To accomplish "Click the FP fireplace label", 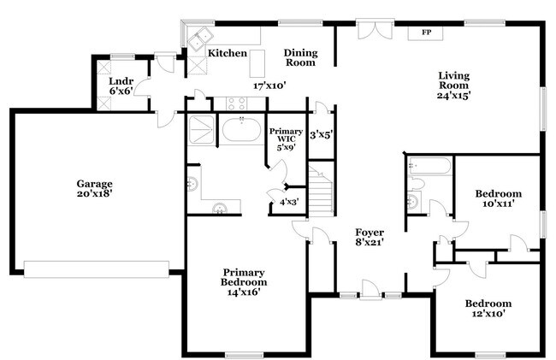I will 425,33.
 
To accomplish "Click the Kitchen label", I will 228,53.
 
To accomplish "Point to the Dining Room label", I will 299,57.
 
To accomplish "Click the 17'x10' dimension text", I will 269,86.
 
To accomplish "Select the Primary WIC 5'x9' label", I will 285,139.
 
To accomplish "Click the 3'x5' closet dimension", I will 321,133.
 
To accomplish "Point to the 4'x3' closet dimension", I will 289,202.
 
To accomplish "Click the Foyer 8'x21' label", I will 370,237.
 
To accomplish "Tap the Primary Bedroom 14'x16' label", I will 244,281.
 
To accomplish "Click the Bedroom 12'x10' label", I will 488,308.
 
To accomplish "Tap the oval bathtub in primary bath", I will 242,131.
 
